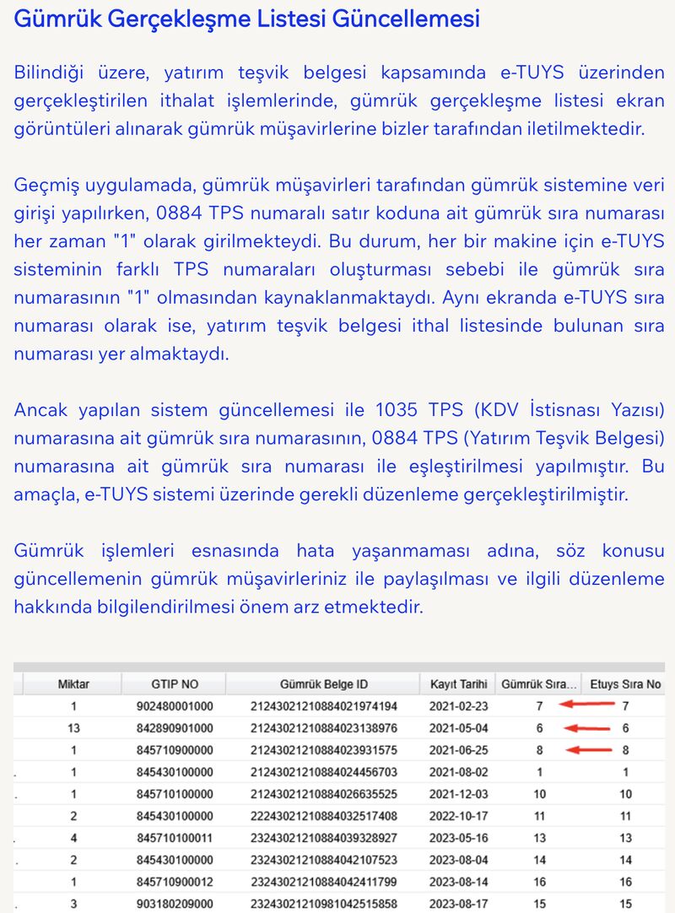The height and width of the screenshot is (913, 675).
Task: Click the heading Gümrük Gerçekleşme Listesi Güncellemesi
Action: (x=246, y=19)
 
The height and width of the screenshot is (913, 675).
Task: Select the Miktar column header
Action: (x=73, y=683)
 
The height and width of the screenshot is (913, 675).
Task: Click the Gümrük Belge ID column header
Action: (x=324, y=683)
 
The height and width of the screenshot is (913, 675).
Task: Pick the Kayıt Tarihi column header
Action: (x=459, y=683)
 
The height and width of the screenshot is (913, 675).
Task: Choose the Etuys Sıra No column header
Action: (x=625, y=683)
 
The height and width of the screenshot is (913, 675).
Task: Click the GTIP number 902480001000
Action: (x=175, y=706)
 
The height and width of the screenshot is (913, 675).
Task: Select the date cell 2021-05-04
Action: (x=459, y=728)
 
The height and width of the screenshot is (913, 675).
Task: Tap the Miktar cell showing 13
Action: (x=73, y=728)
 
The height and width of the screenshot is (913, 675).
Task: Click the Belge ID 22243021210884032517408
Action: (x=324, y=816)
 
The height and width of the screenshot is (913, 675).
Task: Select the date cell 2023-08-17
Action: (x=459, y=904)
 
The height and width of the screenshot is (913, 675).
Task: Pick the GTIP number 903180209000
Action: (x=175, y=904)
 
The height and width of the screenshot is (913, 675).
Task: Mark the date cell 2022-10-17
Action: (x=459, y=816)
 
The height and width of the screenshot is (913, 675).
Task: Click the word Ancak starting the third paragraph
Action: (x=41, y=410)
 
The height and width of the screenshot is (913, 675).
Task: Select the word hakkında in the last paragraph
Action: (x=49, y=607)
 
